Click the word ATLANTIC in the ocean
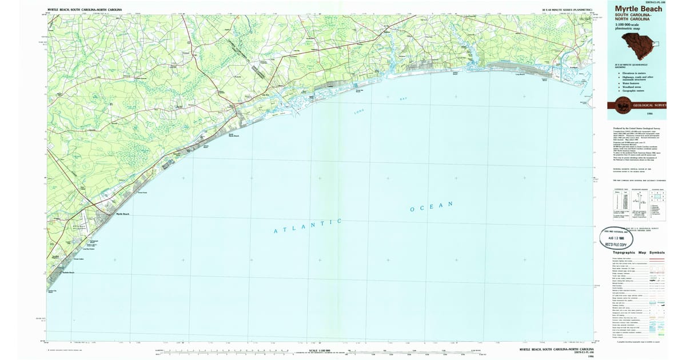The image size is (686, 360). pos(308,226)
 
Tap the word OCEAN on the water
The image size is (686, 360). pos(432,207)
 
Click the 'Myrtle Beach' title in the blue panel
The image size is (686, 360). pos(639,9)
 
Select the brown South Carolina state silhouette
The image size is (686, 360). pos(640,41)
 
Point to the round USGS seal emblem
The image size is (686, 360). pos(625,104)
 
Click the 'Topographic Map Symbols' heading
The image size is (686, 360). pos(639,252)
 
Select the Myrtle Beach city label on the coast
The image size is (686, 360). pos(123,214)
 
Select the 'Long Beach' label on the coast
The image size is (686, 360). pos(520,75)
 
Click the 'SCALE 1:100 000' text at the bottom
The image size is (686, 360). pos(321,350)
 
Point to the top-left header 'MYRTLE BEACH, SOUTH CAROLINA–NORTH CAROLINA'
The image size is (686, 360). pos(86,10)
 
